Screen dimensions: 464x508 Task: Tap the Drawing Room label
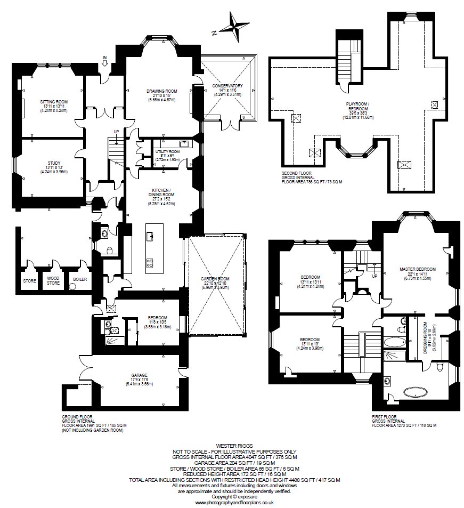pyautogui.click(x=162, y=91)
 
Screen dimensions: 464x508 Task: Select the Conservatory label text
pyautogui.click(x=227, y=86)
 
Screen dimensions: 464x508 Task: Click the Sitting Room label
pyautogui.click(x=54, y=102)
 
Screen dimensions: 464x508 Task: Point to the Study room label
pyautogui.click(x=54, y=163)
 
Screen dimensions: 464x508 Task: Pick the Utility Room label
pyautogui.click(x=167, y=151)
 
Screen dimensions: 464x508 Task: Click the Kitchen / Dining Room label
pyautogui.click(x=163, y=192)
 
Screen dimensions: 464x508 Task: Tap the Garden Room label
pyautogui.click(x=215, y=279)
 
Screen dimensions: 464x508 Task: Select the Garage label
pyautogui.click(x=139, y=375)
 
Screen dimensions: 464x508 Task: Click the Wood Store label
pyautogui.click(x=53, y=280)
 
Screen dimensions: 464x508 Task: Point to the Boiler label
pyautogui.click(x=80, y=279)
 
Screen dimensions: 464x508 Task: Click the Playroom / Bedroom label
pyautogui.click(x=358, y=106)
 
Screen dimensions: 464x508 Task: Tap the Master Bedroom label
pyautogui.click(x=417, y=269)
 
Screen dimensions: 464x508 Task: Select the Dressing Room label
pyautogui.click(x=426, y=338)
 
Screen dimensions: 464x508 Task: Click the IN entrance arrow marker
pyautogui.click(x=104, y=61)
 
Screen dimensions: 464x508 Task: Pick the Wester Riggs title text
pyautogui.click(x=235, y=446)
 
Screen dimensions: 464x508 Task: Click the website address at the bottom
pyautogui.click(x=235, y=502)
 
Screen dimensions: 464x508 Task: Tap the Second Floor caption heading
pyautogui.click(x=296, y=173)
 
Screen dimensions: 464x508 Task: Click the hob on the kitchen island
pyautogui.click(x=150, y=262)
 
